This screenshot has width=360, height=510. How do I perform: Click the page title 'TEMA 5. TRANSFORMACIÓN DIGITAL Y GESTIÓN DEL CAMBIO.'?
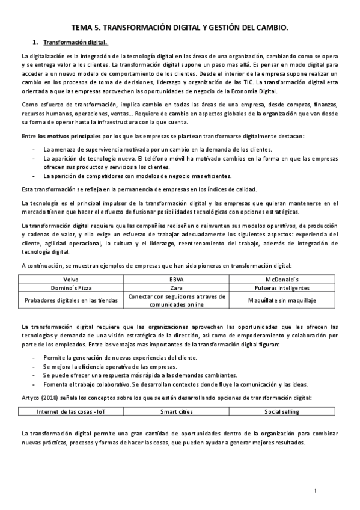click(x=180, y=27)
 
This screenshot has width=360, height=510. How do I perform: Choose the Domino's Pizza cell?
click(x=71, y=289)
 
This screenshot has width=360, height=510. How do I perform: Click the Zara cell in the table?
click(x=177, y=289)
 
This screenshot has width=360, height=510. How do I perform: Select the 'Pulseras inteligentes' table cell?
click(x=284, y=289)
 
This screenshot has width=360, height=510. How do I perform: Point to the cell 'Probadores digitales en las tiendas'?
click(x=71, y=300)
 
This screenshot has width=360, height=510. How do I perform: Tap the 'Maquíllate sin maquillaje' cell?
click(x=284, y=300)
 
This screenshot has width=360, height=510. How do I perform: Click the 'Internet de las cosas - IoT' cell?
click(x=71, y=411)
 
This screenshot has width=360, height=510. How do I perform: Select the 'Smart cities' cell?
click(x=177, y=411)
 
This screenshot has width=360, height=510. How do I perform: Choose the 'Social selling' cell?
click(x=284, y=411)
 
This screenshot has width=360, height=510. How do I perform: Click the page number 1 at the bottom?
click(x=315, y=491)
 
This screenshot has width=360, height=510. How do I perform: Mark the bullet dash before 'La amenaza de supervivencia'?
click(x=33, y=150)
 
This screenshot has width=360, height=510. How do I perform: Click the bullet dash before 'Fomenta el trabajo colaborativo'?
click(x=33, y=384)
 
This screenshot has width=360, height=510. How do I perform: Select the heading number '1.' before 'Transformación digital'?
click(x=36, y=43)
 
